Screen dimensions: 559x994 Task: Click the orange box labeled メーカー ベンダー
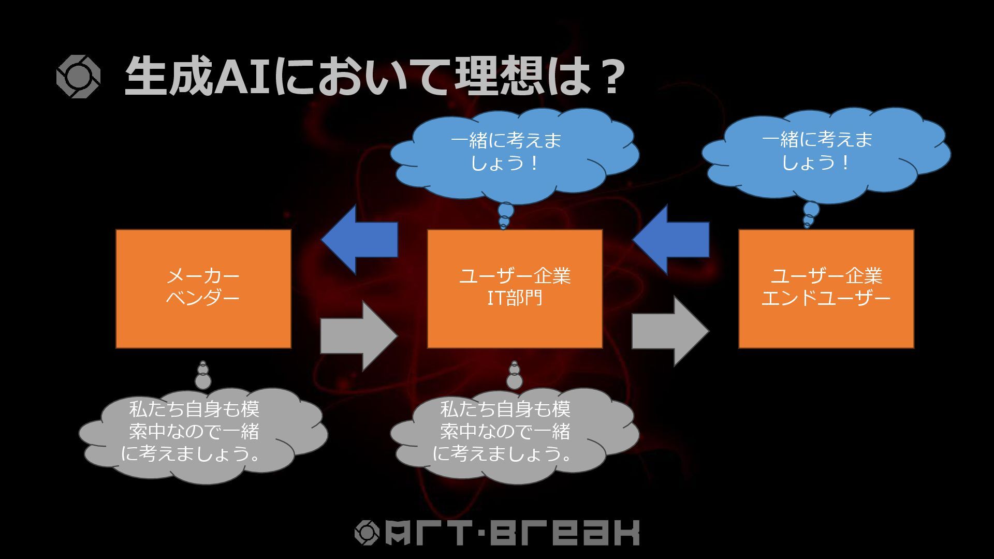[x=203, y=321]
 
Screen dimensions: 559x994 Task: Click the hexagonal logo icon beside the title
[x=78, y=77]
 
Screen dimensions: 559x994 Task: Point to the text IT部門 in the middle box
[x=515, y=298]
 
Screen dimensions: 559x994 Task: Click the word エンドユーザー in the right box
[x=826, y=298]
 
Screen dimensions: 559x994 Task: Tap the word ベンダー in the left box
[x=203, y=298]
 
